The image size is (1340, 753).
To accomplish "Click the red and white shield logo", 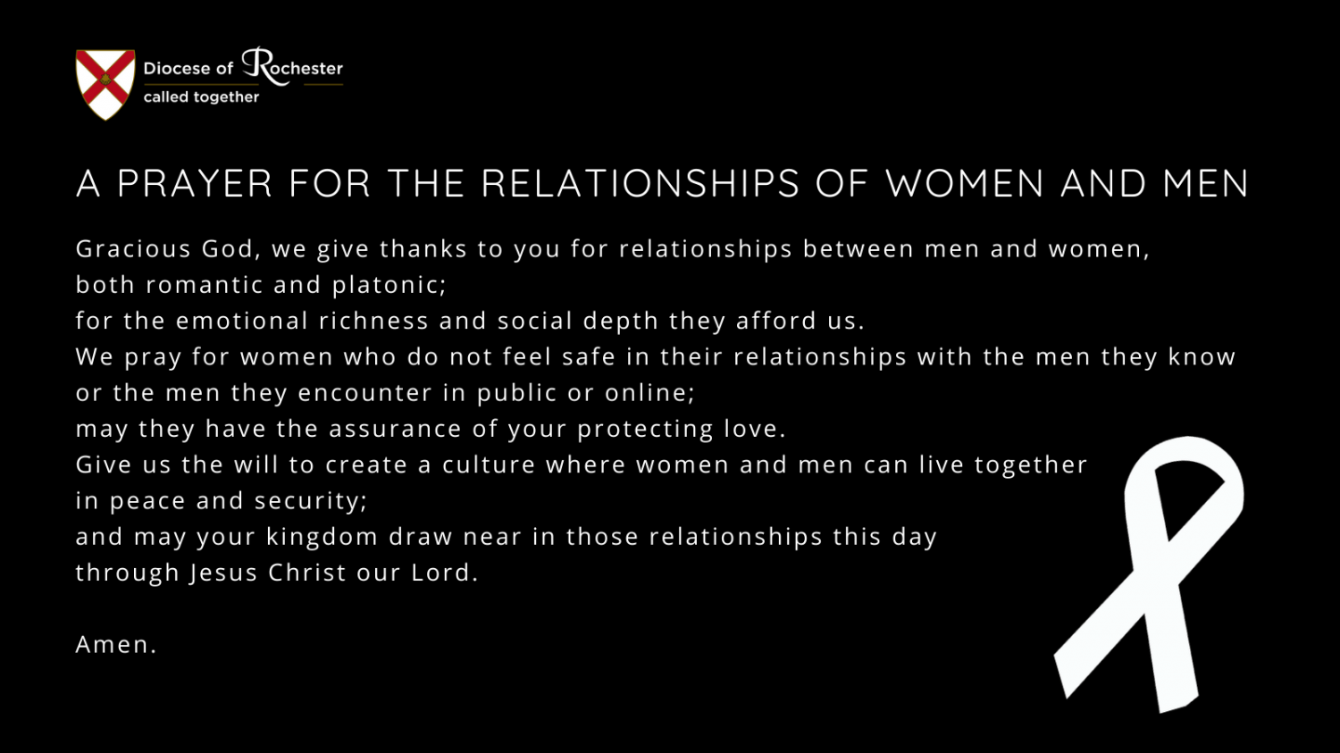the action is tap(105, 84).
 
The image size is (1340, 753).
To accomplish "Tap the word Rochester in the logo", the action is tap(292, 66).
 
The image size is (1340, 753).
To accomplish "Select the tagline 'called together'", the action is tap(201, 96).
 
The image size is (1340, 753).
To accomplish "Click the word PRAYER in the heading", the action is tap(195, 183).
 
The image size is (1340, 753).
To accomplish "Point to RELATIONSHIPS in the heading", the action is tap(641, 183).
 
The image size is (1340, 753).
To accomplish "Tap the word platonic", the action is tap(389, 286).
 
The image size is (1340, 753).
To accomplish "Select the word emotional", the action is tap(242, 322).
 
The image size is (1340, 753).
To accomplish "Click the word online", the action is tap(649, 393).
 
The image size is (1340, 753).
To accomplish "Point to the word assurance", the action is tap(395, 430).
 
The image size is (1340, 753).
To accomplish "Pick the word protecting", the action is tap(646, 430).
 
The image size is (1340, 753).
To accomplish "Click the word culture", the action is tap(489, 464).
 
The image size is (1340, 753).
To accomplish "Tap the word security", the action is tap(311, 501).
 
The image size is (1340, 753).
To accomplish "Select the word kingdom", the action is tap(322, 537).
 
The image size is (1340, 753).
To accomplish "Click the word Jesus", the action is tap(223, 573).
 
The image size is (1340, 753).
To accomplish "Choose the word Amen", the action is tap(116, 645).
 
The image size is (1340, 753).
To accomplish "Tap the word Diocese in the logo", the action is tap(177, 68).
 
